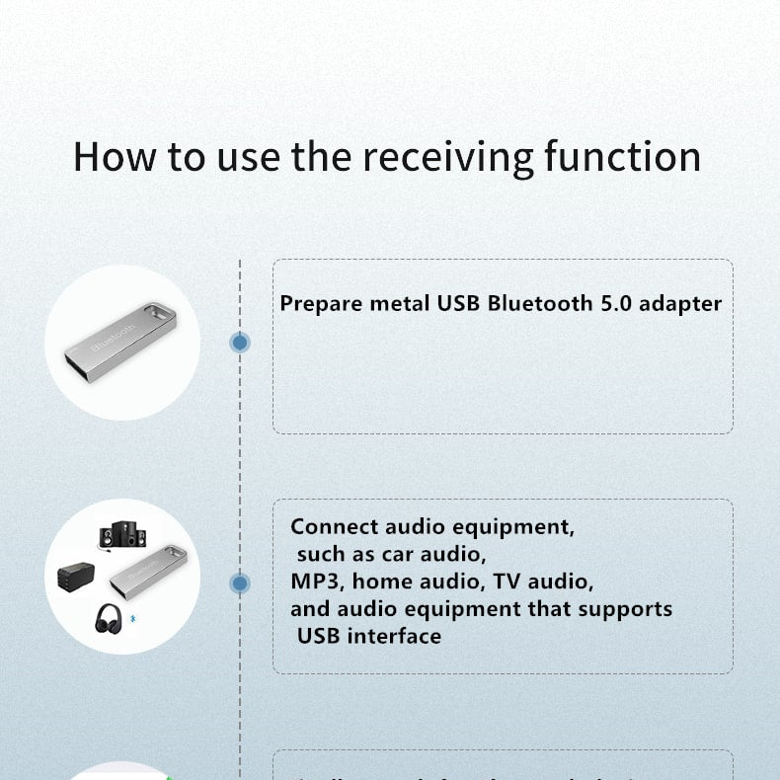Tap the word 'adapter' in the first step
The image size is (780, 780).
[680, 303]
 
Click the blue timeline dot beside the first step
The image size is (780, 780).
[240, 343]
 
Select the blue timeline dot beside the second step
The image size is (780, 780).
[240, 584]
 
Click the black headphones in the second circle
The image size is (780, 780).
[109, 619]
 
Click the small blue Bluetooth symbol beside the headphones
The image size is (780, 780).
[134, 621]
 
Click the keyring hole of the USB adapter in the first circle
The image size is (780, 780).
[161, 314]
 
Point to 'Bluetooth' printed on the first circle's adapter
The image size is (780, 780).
[115, 339]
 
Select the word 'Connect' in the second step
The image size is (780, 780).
[330, 526]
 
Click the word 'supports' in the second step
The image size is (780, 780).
[625, 608]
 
